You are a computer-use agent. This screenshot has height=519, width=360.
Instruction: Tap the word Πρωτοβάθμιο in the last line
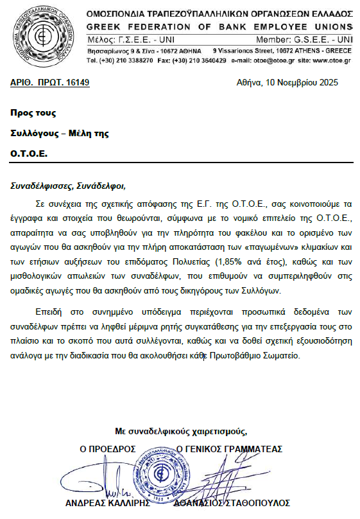click(x=236, y=355)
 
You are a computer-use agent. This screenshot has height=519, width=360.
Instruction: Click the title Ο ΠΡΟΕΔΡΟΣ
click(x=107, y=449)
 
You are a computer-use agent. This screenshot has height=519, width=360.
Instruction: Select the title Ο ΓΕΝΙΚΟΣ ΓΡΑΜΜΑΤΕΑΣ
click(x=229, y=449)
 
